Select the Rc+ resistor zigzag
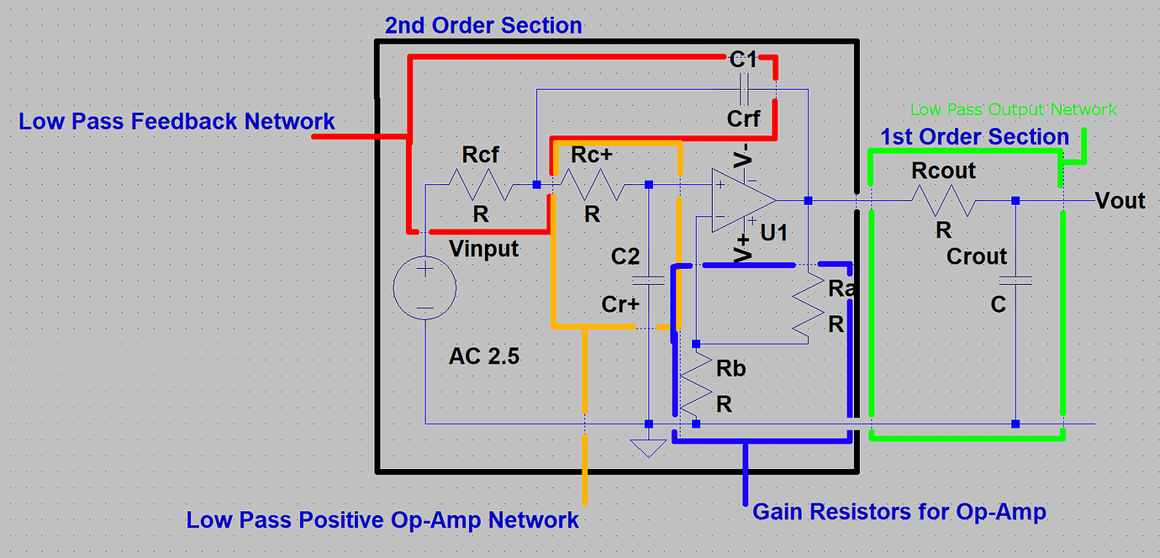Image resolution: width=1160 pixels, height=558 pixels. [593, 184]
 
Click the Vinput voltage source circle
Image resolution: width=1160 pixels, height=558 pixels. [424, 288]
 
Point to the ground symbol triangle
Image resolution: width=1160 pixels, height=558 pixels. [647, 447]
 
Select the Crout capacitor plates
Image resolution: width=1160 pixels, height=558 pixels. [1015, 280]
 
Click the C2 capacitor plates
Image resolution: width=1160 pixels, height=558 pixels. [648, 280]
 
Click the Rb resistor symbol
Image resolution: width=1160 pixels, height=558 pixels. [695, 383]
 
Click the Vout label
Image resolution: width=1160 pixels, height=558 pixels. [1120, 201]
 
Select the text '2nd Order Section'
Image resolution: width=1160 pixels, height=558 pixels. [483, 25]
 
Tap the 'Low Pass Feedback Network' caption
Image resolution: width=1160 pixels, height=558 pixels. [177, 122]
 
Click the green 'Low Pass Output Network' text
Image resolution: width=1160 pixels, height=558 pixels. [1013, 109]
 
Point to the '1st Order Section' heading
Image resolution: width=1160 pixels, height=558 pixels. [974, 137]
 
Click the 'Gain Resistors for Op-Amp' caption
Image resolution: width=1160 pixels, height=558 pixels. [899, 511]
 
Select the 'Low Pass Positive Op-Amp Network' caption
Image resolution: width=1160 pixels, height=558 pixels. [382, 519]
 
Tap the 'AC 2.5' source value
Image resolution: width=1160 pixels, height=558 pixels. [483, 356]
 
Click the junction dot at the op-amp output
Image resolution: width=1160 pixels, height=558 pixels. [808, 201]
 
